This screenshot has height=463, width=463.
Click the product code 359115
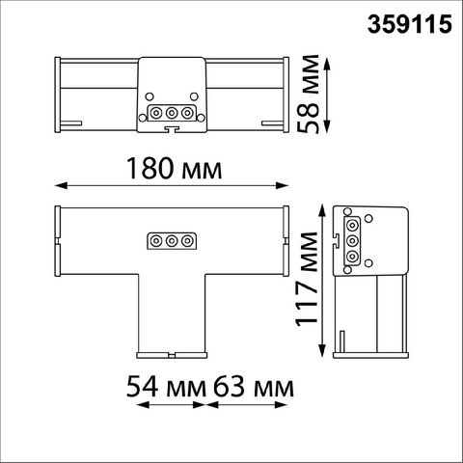click(410, 24)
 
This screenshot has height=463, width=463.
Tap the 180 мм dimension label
click(175, 168)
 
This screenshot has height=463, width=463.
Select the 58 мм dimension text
click(308, 94)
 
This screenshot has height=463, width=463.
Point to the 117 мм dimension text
click(307, 279)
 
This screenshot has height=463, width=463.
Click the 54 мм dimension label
click(166, 387)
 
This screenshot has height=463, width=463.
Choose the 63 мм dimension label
click(254, 387)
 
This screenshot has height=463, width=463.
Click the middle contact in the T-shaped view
click(172, 241)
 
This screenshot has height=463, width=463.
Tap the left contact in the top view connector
click(156, 113)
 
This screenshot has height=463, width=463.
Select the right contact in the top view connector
click(187, 113)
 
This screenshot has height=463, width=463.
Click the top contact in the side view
click(352, 225)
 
